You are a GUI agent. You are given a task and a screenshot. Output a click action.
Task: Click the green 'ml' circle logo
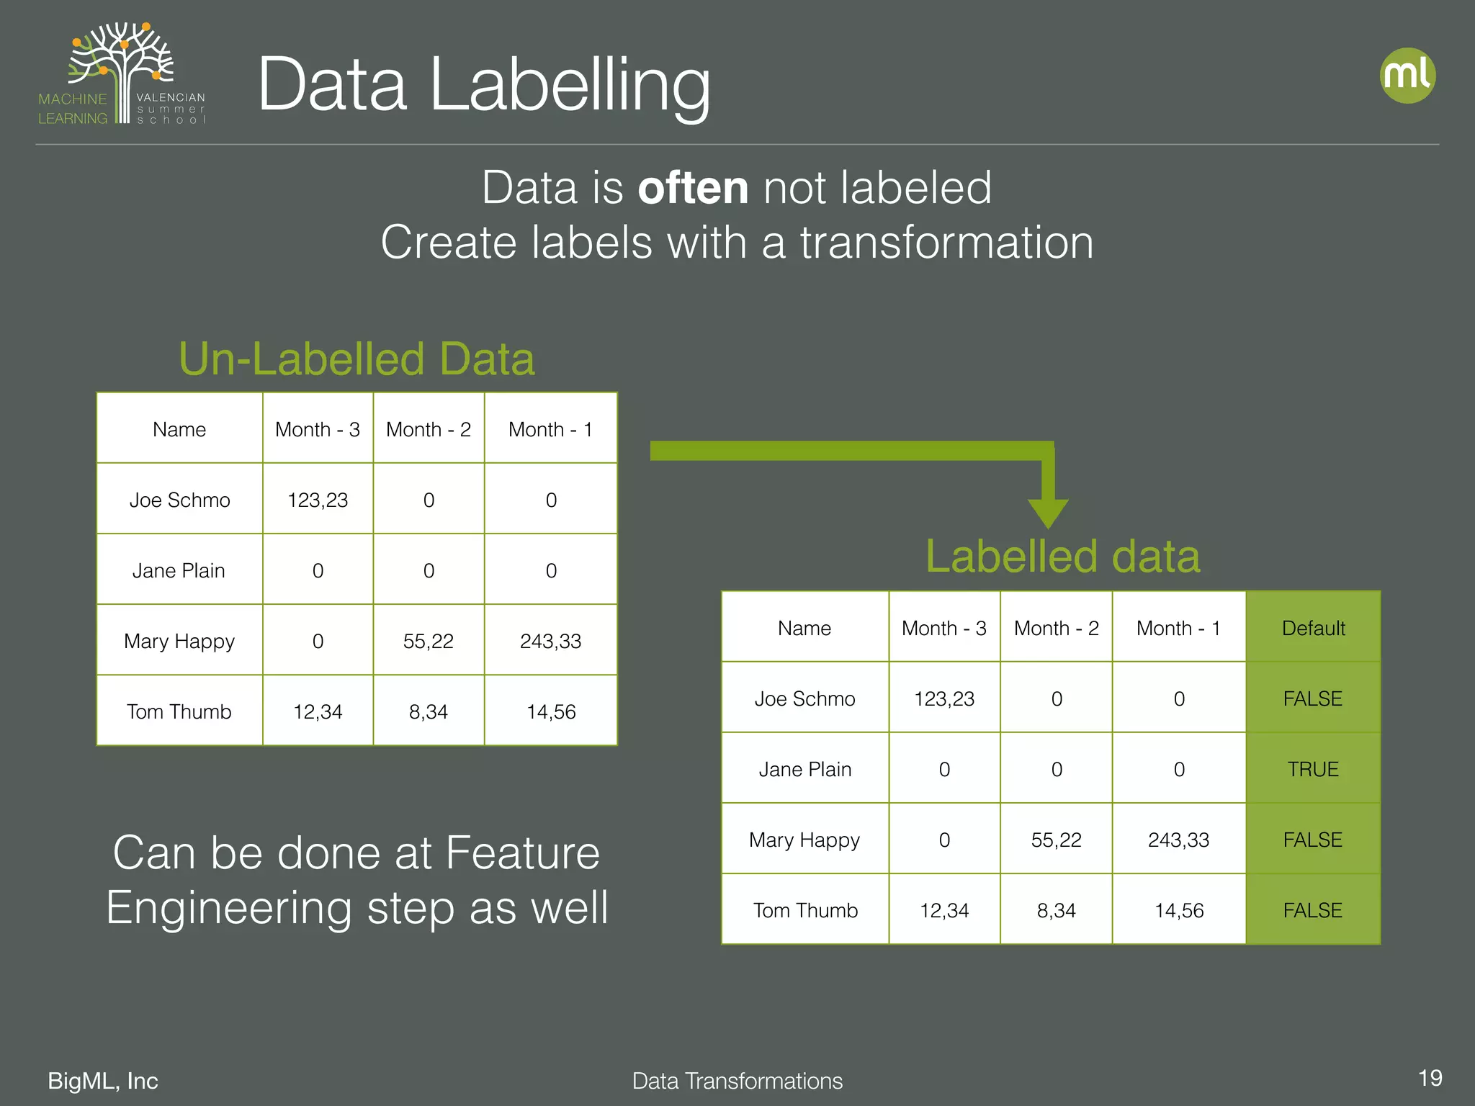coord(1407,76)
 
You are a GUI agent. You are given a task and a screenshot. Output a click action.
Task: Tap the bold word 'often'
coord(693,188)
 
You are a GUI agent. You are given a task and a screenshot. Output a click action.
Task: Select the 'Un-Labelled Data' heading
coord(357,359)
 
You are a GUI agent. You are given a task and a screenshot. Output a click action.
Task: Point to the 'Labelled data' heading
coord(1062,557)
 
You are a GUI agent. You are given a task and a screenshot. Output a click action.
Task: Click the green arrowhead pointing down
coord(1048,512)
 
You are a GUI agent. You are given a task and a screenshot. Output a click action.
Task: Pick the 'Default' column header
coord(1313,628)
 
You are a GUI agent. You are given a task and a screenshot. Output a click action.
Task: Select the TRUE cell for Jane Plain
coord(1313,769)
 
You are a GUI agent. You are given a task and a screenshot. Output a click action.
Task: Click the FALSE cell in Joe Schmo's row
coord(1313,698)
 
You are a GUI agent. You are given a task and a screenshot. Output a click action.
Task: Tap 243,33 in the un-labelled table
coord(550,641)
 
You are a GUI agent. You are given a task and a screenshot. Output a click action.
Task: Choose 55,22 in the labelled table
coord(1056,840)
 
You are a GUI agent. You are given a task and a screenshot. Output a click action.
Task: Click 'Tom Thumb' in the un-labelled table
coord(179,711)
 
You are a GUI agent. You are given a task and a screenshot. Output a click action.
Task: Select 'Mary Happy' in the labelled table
coord(804,840)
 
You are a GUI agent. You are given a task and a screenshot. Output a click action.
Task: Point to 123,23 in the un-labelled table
coord(318,500)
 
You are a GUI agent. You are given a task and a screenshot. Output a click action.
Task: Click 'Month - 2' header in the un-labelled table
coord(429,429)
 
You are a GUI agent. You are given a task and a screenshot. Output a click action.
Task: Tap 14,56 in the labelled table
coord(1179,910)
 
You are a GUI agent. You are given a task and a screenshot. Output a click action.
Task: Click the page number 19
coord(1430,1078)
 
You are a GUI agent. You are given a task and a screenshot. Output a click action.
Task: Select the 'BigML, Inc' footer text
coord(103,1081)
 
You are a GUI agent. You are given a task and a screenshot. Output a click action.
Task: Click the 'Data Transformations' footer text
coord(737,1081)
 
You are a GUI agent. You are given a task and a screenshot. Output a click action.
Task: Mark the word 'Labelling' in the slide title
coord(570,86)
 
